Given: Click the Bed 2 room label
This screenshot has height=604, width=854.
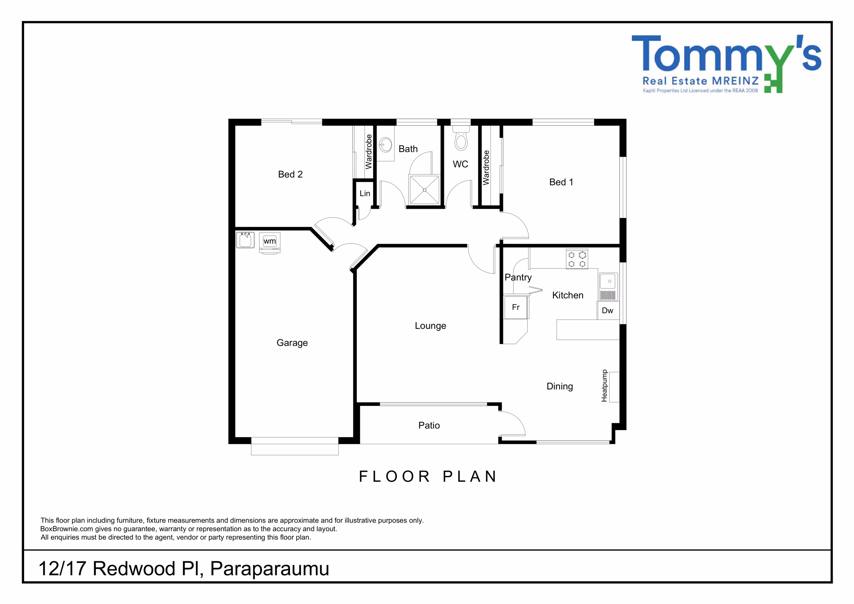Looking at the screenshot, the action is [x=290, y=174].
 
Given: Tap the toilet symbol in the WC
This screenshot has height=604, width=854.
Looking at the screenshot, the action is [x=461, y=138].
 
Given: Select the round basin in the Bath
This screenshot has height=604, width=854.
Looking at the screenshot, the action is [x=386, y=144].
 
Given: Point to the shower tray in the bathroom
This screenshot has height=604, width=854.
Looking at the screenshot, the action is [x=424, y=190].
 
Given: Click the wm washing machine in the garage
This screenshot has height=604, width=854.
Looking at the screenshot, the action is [x=270, y=243].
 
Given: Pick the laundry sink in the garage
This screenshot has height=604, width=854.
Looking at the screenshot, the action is [x=245, y=240].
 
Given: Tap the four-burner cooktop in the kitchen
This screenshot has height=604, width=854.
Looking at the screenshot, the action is [x=577, y=259].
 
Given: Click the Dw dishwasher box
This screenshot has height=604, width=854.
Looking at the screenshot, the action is [x=608, y=310].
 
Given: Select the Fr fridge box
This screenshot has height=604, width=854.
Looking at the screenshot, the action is [x=516, y=307].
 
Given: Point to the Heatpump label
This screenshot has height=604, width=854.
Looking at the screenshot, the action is [x=604, y=385].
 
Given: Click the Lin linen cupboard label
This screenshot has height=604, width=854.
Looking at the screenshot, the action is [x=365, y=194].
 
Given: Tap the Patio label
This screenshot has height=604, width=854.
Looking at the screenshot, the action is [x=429, y=425].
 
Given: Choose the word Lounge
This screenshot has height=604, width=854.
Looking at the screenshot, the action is [x=430, y=326].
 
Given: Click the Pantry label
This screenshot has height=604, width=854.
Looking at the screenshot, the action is [x=518, y=277].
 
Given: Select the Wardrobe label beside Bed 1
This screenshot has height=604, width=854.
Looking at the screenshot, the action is [x=486, y=168].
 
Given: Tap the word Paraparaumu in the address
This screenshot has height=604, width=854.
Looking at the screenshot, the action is [x=270, y=569].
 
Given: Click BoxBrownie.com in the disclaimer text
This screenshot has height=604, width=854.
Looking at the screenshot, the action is [x=67, y=529].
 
